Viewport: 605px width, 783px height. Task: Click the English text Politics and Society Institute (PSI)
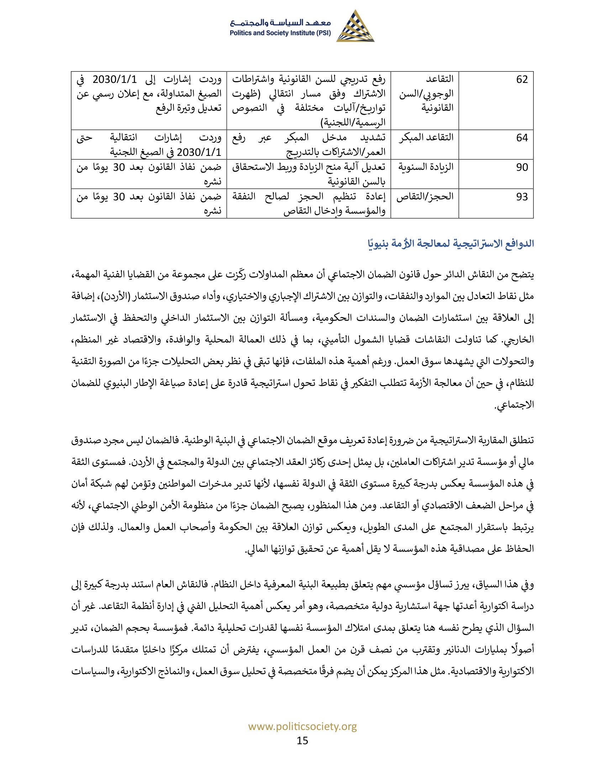pyautogui.click(x=280, y=33)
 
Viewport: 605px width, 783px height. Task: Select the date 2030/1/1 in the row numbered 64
pyautogui.click(x=199, y=152)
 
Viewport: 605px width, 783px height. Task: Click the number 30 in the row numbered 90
pyautogui.click(x=118, y=167)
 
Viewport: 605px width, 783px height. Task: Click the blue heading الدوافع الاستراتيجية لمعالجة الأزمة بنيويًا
pyautogui.click(x=449, y=244)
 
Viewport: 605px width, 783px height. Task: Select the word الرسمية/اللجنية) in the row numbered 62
pyautogui.click(x=353, y=123)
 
